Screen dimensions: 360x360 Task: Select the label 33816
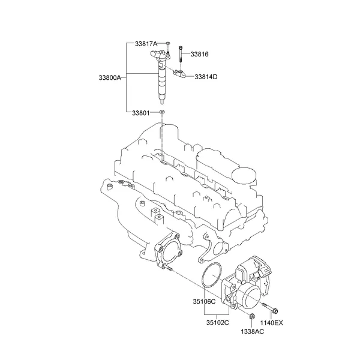point(199,55)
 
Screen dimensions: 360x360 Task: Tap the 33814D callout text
point(206,77)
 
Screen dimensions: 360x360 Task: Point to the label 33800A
point(110,77)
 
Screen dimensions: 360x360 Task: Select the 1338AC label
point(252,331)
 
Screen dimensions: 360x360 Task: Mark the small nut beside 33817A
point(169,44)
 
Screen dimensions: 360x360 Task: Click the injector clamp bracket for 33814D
point(179,75)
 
